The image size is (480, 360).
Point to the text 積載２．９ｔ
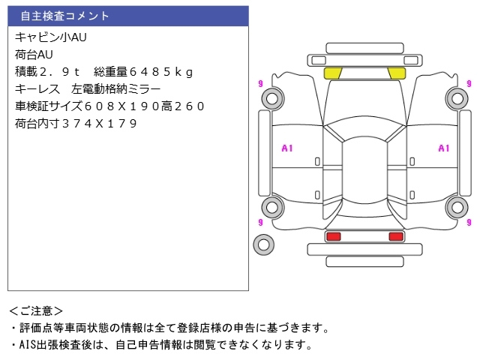point(48,71)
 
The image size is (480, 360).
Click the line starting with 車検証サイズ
point(109,106)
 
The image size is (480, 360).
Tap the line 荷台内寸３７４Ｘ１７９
point(76,123)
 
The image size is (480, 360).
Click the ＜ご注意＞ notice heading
point(36,310)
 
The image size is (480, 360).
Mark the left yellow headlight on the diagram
point(332,73)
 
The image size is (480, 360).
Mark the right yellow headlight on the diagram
point(396,73)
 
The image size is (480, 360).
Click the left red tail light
point(333,236)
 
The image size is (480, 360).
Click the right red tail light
point(395,236)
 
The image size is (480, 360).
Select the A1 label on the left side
point(286,148)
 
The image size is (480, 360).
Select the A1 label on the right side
point(443,148)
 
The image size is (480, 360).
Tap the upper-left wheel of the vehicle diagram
point(272,97)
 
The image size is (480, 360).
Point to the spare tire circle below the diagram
point(263,244)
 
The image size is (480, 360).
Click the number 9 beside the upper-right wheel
point(469,83)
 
